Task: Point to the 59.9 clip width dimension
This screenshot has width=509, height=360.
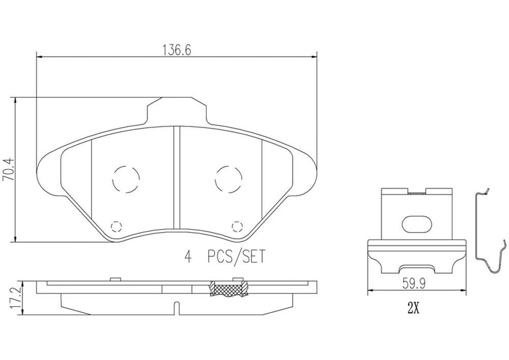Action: click(x=415, y=283)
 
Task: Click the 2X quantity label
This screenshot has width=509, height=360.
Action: click(x=414, y=309)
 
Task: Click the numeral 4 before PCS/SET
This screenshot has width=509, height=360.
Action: click(x=188, y=256)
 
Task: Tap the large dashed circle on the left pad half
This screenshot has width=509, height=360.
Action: click(x=125, y=179)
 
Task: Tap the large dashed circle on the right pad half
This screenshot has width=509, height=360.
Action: click(x=228, y=179)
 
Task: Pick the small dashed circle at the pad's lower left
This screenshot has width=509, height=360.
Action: click(x=116, y=226)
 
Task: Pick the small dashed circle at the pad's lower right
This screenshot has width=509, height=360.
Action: click(x=237, y=226)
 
